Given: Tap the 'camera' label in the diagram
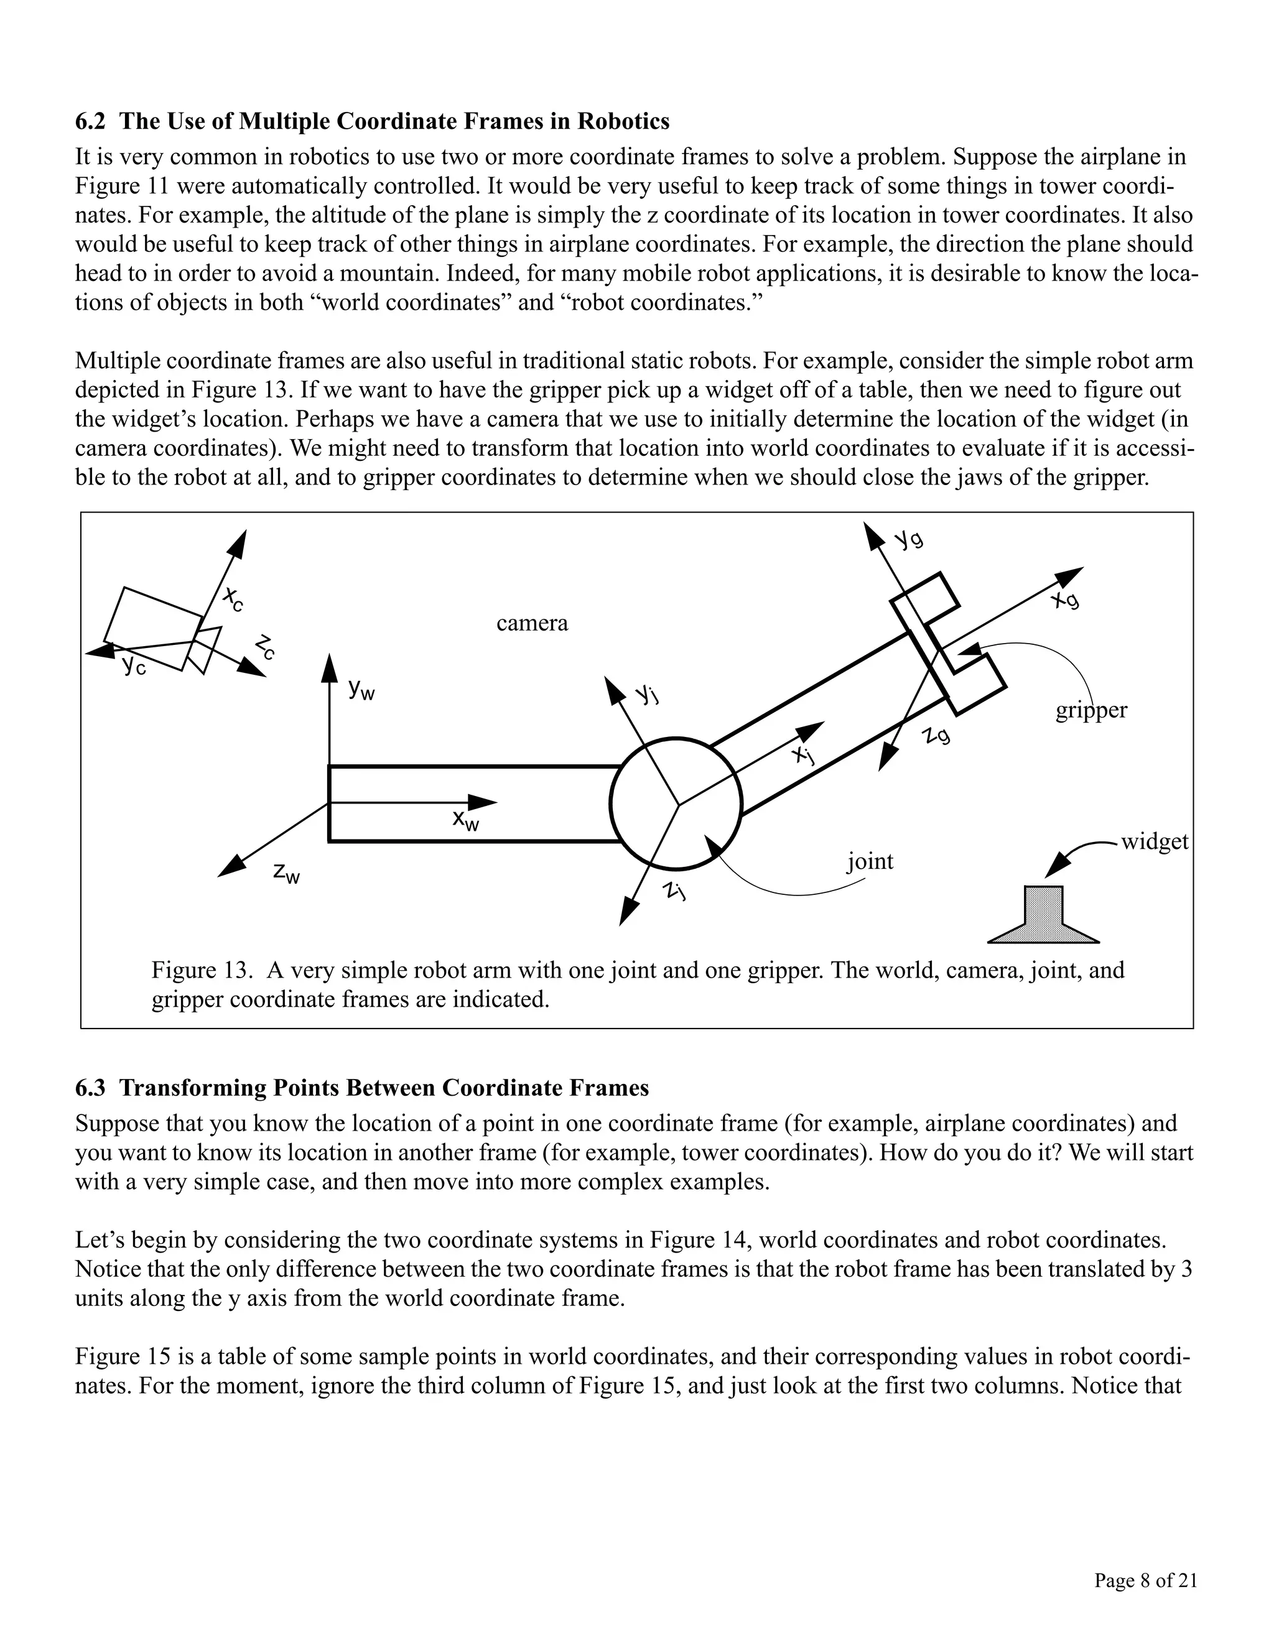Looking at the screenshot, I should pyautogui.click(x=531, y=623).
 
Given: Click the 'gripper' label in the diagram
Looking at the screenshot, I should pyautogui.click(x=1090, y=710).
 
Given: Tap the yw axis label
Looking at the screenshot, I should pyautogui.click(x=361, y=689).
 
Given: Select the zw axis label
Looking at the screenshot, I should pyautogui.click(x=287, y=874).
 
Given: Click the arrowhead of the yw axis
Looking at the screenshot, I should pyautogui.click(x=330, y=668).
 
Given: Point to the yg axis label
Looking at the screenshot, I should pyautogui.click(x=909, y=540).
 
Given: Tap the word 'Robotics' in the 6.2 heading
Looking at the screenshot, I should pyautogui.click(x=623, y=121).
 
